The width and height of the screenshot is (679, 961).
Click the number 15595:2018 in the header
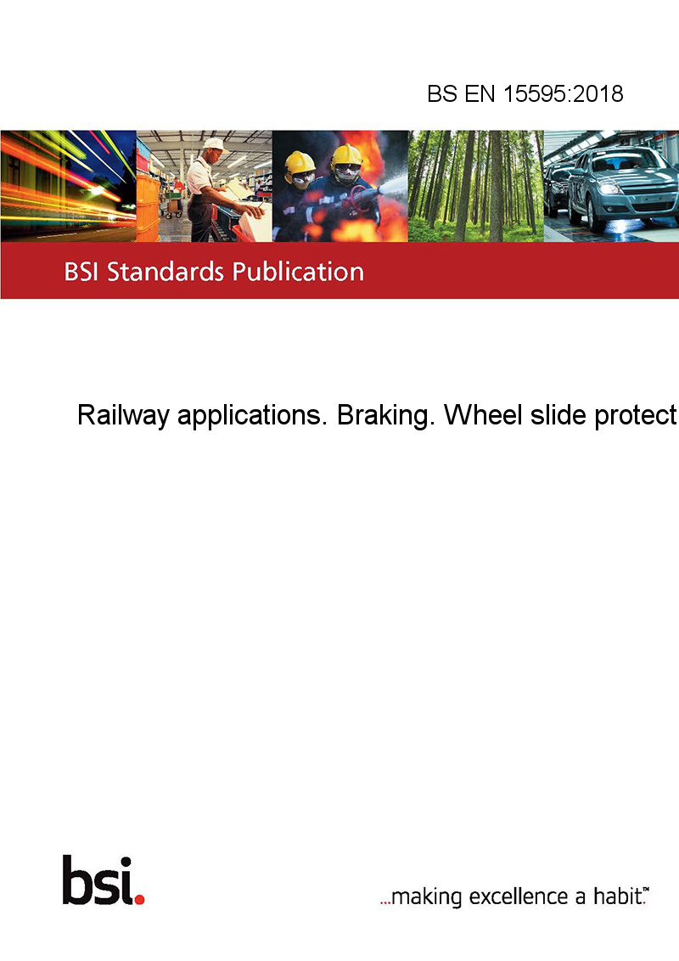click(564, 93)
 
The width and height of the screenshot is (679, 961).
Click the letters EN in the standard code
click(480, 93)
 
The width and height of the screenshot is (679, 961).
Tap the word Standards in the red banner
click(166, 272)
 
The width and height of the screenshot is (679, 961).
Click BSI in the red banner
click(81, 272)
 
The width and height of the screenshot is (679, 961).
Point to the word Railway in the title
click(122, 415)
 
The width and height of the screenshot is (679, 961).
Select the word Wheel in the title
click(483, 415)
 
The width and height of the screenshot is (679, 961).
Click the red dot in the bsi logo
click(139, 899)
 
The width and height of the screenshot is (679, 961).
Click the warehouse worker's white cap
click(214, 144)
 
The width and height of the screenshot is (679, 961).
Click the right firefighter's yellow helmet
click(346, 155)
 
